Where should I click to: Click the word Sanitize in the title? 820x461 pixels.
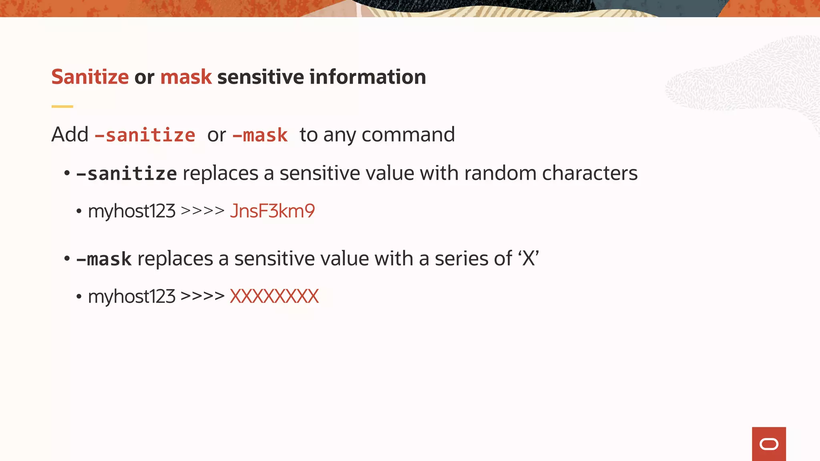point(90,77)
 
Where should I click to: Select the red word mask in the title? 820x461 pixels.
point(186,77)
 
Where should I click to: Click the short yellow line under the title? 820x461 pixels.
point(62,106)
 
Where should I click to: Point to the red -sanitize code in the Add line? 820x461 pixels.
point(145,135)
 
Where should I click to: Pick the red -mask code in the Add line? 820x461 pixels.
point(260,135)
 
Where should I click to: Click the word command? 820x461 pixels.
point(408,135)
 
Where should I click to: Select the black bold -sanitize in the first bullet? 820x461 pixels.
point(127,174)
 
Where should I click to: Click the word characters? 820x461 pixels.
point(589,173)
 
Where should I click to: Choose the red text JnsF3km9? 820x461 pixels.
point(272,211)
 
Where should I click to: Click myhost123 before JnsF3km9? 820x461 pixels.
point(131,211)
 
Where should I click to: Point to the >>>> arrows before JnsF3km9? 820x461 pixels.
point(203,211)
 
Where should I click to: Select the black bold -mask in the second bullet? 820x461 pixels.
point(104,259)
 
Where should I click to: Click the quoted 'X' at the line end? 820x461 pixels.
point(529,259)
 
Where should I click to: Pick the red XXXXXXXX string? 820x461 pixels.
point(274,297)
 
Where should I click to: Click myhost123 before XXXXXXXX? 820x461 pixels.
point(131,297)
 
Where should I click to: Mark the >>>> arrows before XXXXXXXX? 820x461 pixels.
point(203,297)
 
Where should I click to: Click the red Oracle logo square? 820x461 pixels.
point(769,444)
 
